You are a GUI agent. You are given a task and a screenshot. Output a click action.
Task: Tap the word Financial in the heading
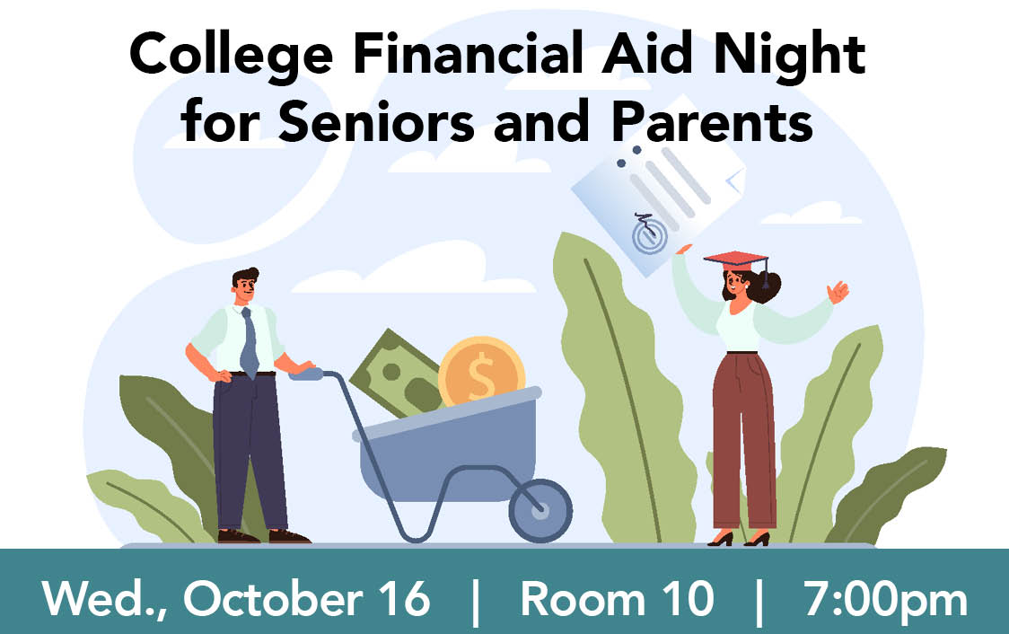[x=469, y=53]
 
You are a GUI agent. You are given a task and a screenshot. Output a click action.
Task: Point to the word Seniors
[x=376, y=121]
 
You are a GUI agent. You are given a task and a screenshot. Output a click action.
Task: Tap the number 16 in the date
[x=403, y=598]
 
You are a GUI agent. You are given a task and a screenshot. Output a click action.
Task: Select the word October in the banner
[x=273, y=598]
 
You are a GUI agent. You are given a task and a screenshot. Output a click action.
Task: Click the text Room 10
[x=617, y=598]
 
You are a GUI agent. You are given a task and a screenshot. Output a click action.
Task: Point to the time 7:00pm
[x=885, y=601]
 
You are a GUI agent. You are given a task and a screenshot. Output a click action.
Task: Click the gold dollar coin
[x=481, y=372]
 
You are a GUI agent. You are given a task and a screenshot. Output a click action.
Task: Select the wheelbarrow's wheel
[x=540, y=511]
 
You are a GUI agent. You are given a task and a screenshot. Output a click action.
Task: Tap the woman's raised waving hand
[x=838, y=292]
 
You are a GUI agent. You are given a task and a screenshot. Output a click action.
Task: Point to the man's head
[x=245, y=286]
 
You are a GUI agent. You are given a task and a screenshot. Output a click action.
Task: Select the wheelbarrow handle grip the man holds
[x=305, y=374]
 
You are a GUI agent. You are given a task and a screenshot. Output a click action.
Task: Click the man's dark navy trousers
[x=249, y=451]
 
